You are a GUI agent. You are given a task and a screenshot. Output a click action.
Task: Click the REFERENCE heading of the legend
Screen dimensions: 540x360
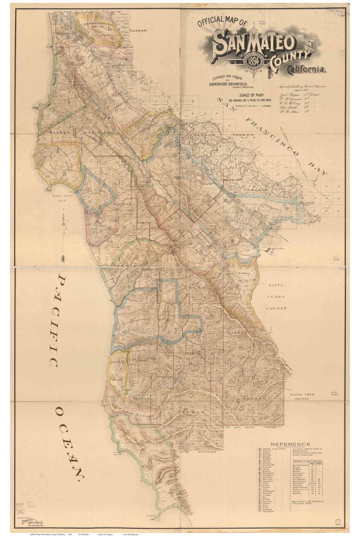290,444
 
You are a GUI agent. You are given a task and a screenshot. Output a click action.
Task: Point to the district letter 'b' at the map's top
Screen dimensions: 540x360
110,28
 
